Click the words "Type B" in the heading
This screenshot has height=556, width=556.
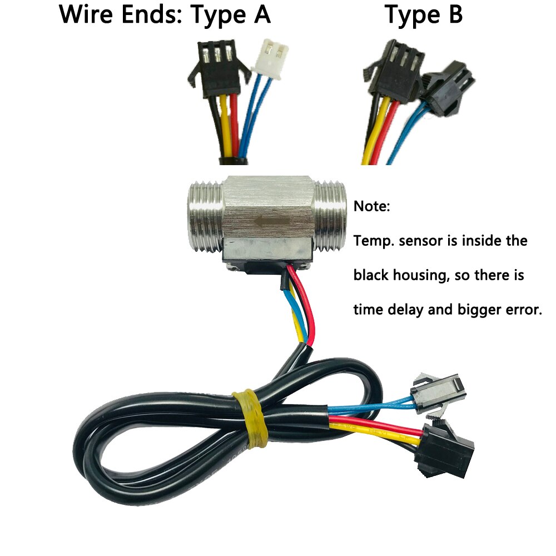(x=424, y=14)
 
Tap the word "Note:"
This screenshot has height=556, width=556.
(x=373, y=207)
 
